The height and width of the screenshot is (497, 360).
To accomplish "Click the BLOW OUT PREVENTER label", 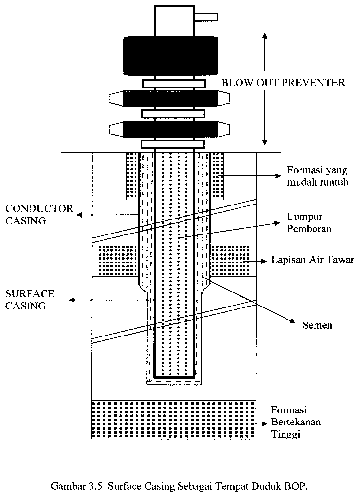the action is tap(283, 83).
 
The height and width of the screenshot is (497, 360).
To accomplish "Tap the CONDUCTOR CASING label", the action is tap(39, 215).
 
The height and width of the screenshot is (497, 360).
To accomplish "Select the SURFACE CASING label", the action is tap(30, 300).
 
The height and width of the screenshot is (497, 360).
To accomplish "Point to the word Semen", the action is tap(317, 325).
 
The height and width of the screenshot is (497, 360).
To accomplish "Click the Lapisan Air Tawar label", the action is tap(313, 260).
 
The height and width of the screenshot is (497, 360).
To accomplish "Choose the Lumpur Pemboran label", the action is tap(309, 222).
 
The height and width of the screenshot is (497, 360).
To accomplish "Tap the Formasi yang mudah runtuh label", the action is tap(318, 176).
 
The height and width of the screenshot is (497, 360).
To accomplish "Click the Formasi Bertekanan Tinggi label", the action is tap(296, 422).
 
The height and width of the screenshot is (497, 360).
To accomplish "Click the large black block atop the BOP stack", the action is tap(171, 56).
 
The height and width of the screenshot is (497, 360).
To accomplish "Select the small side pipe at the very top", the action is tap(207, 17).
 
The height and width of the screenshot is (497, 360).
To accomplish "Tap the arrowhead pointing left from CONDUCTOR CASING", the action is tap(79, 215).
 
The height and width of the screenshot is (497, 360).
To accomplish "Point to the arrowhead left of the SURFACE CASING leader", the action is tap(72, 300).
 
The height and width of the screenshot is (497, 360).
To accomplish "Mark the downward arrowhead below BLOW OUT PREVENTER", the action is tap(265, 141).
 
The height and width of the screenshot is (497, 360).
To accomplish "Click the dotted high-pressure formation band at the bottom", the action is tap(174, 420).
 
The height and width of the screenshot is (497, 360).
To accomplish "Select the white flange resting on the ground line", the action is tap(173, 145).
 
